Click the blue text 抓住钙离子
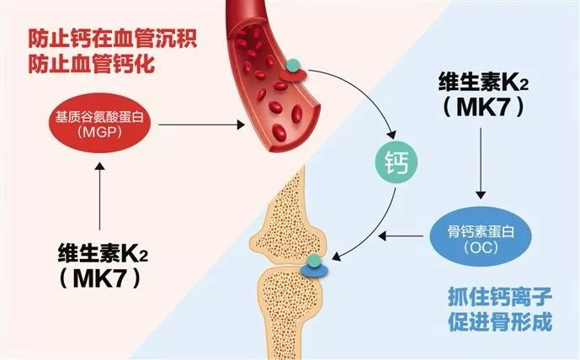tap(487, 297)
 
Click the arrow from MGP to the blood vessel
tap(202, 124)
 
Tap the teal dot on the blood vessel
tap(292, 63)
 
